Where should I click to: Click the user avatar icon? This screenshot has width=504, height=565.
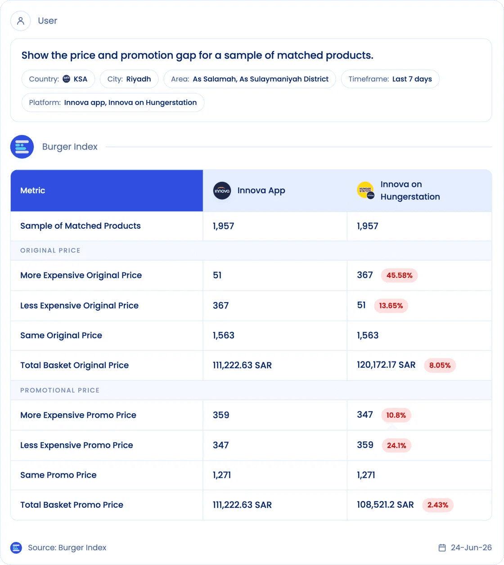pos(20,21)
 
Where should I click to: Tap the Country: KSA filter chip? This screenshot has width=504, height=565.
pos(58,79)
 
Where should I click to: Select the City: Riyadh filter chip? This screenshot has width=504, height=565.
pos(129,79)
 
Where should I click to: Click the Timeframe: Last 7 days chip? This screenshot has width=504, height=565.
pos(390,79)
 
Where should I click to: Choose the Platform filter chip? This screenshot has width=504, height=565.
pos(113,102)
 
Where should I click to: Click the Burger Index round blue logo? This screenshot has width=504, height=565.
pos(22,147)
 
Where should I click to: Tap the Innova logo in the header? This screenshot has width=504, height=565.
pos(222,191)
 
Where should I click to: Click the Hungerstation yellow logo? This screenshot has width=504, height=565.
pos(365,190)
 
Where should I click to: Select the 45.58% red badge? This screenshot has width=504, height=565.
pos(399,276)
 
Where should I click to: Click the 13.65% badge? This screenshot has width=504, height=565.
pos(391,306)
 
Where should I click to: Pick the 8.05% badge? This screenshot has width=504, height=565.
pos(440,365)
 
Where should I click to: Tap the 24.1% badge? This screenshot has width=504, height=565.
pos(396,445)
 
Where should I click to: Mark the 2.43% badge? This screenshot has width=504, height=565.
pos(438,505)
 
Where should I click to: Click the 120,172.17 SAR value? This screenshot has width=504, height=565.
pos(386,365)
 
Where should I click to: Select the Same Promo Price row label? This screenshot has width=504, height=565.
pos(58,475)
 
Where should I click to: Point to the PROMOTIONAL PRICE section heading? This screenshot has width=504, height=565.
pos(60,390)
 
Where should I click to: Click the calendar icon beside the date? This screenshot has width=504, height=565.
pos(442,548)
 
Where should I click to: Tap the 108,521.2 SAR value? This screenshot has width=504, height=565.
pos(385,505)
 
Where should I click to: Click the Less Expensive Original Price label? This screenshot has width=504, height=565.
pos(80,306)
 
